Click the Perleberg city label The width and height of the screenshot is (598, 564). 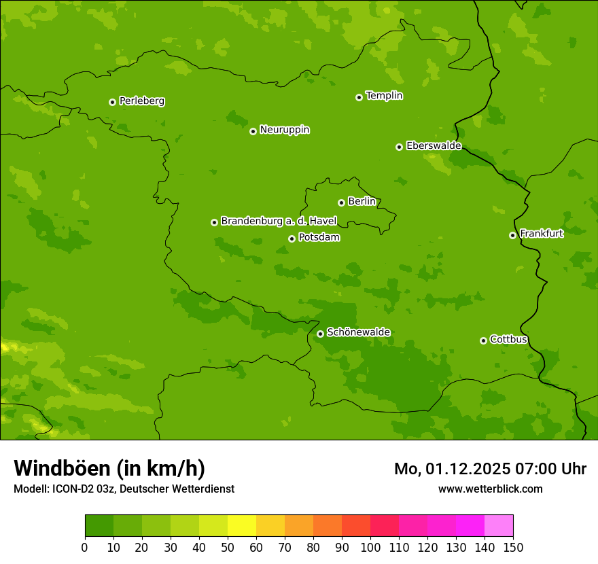141,101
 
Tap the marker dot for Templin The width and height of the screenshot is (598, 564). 359,97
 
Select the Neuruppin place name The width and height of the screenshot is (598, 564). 284,130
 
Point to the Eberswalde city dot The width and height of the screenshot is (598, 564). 399,147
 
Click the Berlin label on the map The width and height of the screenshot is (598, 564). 362,202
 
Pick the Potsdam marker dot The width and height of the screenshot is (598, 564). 292,239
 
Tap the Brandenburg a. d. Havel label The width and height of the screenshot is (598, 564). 279,222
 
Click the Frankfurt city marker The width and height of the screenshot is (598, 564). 512,235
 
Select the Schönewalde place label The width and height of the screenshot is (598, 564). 358,332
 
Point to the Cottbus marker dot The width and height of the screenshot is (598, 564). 483,340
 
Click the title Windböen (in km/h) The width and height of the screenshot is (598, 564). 109,468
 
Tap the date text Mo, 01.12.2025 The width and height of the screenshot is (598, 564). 448,469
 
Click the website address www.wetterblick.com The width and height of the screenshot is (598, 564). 490,489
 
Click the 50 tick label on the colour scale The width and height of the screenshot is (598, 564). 228,547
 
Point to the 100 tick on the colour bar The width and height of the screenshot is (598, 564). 370,547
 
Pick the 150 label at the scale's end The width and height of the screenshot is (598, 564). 513,547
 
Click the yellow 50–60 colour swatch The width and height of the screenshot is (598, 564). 242,526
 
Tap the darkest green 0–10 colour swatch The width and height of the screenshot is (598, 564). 99,526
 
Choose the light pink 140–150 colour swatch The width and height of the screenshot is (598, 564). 499,526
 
